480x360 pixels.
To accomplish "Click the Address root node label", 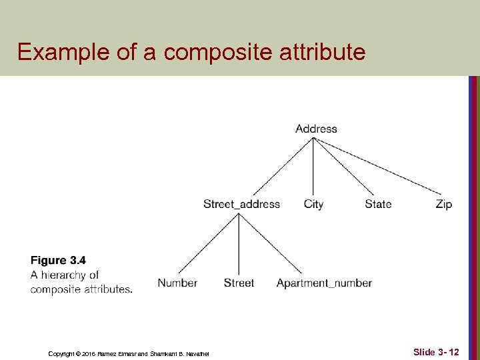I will [x=316, y=129].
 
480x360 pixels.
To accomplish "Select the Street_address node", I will [x=241, y=204].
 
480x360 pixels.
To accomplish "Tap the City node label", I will [x=313, y=204].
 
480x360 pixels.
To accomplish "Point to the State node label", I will [x=378, y=204].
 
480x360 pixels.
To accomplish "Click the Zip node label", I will [x=443, y=204].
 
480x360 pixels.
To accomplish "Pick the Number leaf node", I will [x=177, y=283].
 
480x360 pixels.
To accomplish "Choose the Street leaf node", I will [x=239, y=283].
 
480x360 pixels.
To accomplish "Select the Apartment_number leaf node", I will [x=324, y=283].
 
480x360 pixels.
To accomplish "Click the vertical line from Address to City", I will [x=313, y=167].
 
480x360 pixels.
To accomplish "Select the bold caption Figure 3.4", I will [x=58, y=261].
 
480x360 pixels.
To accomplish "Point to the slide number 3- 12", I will [x=436, y=351].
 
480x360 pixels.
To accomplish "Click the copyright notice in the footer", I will [x=129, y=353].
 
